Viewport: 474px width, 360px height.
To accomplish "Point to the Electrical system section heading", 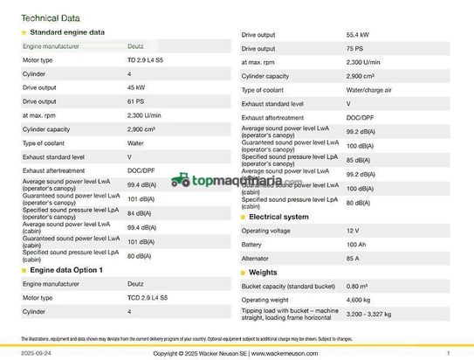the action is point(278,216).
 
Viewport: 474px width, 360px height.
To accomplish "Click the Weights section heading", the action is point(263,273).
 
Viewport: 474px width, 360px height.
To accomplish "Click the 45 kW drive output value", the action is point(136,87).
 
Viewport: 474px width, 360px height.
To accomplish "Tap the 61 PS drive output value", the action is point(136,101).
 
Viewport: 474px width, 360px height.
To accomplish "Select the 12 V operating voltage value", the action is point(353,230).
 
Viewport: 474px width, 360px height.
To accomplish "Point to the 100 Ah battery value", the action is point(357,244).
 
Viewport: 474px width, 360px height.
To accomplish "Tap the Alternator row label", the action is point(255,258).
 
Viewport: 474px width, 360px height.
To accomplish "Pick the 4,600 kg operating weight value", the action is point(360,300).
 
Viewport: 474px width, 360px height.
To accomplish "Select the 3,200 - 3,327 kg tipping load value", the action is point(368,313).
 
